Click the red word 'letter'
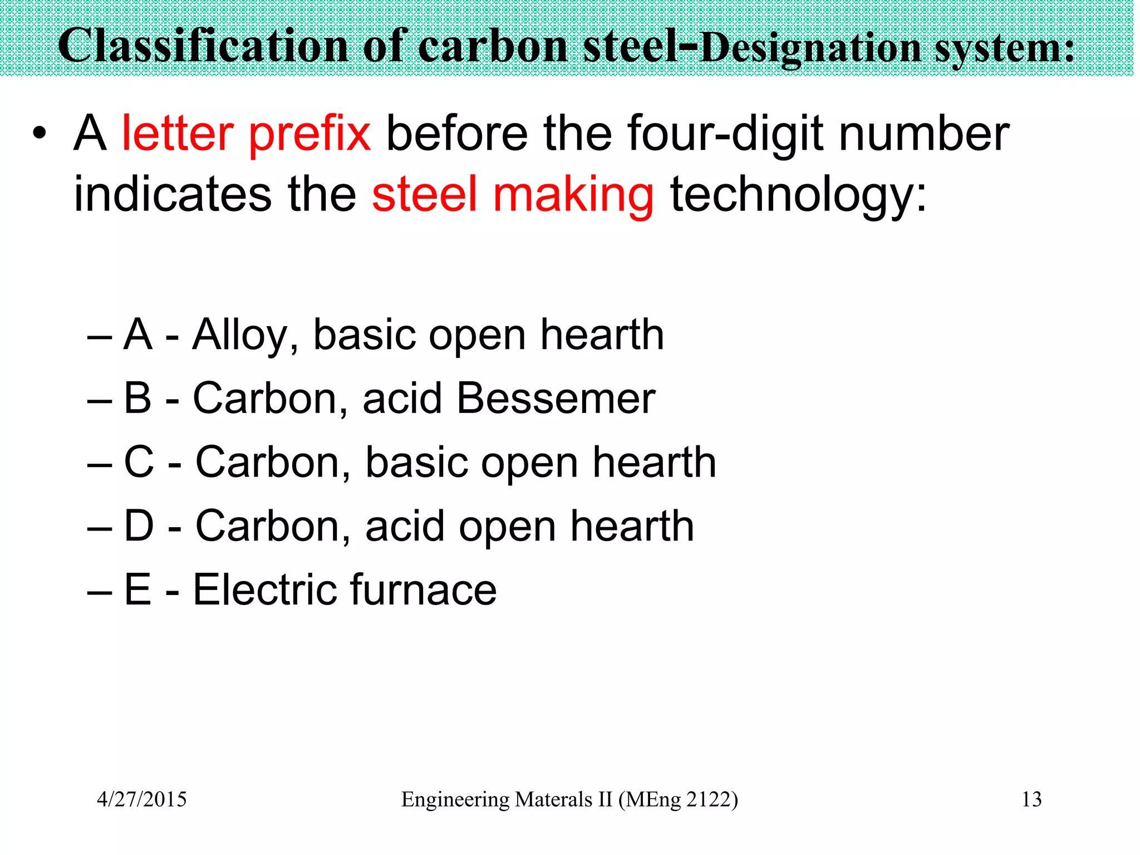[178, 134]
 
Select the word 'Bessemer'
[556, 399]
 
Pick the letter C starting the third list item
[139, 462]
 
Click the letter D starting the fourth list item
[139, 525]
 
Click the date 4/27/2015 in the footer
[142, 799]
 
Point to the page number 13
[1031, 799]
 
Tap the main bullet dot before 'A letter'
[38, 134]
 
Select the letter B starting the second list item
[137, 399]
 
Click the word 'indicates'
[173, 195]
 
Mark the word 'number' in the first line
[924, 134]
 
